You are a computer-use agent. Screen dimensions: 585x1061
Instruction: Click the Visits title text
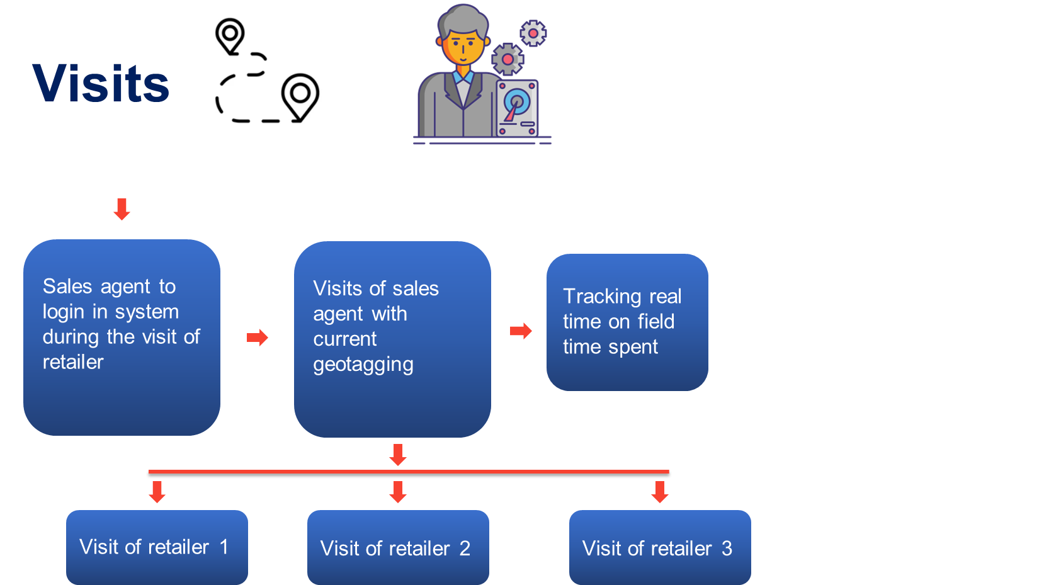click(101, 83)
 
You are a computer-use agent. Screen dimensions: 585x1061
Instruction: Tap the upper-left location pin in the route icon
click(230, 35)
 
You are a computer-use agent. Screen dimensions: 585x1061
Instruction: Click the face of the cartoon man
click(463, 47)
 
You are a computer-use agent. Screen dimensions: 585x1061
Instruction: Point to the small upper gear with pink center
click(533, 33)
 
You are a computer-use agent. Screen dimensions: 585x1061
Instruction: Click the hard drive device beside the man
click(517, 108)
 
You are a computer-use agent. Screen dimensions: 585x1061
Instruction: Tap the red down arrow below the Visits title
click(122, 209)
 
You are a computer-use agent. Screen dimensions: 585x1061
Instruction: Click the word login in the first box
click(63, 312)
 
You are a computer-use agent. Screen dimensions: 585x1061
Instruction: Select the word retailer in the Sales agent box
click(73, 362)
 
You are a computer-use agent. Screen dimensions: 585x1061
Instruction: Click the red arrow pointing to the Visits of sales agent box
click(258, 338)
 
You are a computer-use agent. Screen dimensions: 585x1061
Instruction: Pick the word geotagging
click(363, 365)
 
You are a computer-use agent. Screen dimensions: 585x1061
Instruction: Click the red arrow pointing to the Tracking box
click(521, 331)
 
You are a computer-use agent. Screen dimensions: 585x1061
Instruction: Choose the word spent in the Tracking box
click(635, 347)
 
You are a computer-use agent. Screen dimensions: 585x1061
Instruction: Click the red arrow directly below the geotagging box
click(398, 454)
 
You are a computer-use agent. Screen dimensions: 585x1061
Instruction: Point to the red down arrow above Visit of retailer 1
click(157, 492)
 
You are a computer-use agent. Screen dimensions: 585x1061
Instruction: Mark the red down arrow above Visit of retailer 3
click(660, 492)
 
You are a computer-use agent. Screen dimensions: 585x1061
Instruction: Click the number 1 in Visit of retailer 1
click(224, 547)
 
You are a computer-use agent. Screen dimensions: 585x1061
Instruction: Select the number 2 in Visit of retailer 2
click(465, 548)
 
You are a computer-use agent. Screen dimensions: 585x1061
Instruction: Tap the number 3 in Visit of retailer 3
click(727, 548)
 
